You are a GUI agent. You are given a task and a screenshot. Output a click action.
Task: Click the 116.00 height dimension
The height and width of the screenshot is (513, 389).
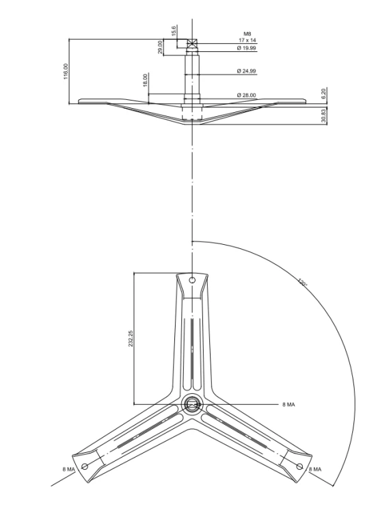[x=66, y=71]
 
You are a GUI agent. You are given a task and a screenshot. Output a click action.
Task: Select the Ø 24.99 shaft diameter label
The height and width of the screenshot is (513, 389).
[x=247, y=71]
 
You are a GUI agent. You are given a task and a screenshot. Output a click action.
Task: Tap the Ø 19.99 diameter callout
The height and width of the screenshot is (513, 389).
[x=247, y=48]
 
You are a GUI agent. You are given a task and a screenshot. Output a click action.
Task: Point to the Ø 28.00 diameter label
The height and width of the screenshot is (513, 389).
[x=247, y=95]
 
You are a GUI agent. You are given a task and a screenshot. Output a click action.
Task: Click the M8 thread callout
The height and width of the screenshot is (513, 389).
[x=247, y=34]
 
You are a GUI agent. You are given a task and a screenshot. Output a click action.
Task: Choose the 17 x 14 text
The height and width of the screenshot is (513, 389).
[x=247, y=40]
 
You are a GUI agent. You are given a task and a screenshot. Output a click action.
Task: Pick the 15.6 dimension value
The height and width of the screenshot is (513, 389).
[x=174, y=31]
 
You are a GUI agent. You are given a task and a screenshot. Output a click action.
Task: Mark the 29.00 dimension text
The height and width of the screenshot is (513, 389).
[x=160, y=47]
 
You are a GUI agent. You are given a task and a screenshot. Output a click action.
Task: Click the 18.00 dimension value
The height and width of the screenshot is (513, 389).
[x=146, y=80]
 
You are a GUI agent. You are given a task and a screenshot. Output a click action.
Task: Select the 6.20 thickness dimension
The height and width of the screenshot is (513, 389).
[x=324, y=94]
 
